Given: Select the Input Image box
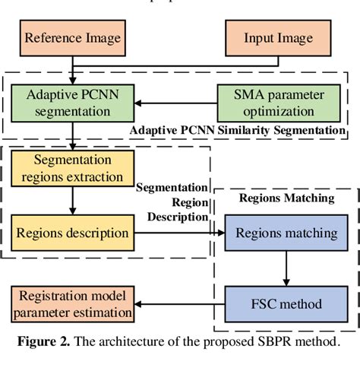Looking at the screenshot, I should [279, 36].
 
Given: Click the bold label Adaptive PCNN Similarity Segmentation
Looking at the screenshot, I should [237, 130].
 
